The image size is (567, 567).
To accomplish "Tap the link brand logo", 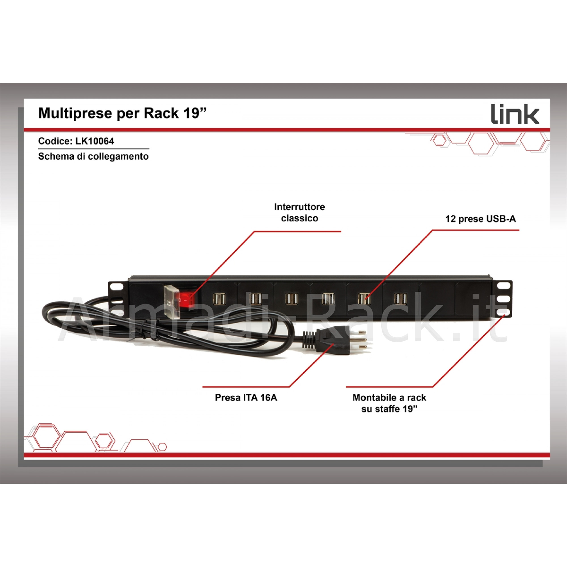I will (x=515, y=115).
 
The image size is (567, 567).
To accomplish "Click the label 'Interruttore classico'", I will (x=299, y=212).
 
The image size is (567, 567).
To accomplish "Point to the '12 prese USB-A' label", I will (x=481, y=219).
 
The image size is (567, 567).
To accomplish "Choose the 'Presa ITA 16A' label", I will (x=246, y=398).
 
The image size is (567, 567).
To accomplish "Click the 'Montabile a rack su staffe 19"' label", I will (x=389, y=403).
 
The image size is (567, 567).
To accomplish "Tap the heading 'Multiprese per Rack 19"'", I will (x=123, y=113).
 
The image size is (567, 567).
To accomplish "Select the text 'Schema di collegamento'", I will (x=93, y=156).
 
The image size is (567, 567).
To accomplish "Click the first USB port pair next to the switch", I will (x=219, y=299).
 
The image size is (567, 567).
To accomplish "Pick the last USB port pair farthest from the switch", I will (x=400, y=299).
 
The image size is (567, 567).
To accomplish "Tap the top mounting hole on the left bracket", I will (x=116, y=287).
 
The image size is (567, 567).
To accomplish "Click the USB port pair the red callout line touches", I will (x=364, y=299).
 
